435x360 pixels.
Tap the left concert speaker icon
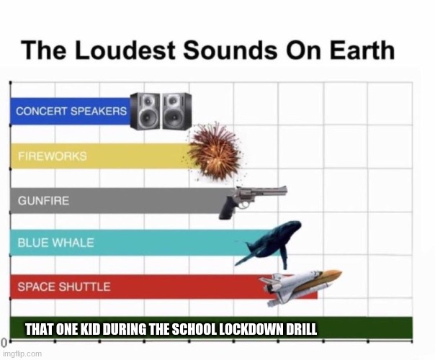pyautogui.click(x=145, y=112)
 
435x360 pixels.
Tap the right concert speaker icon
pyautogui.click(x=176, y=112)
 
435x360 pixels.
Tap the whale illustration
pyautogui.click(x=269, y=242)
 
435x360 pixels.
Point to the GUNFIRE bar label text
pyautogui.click(x=43, y=200)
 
